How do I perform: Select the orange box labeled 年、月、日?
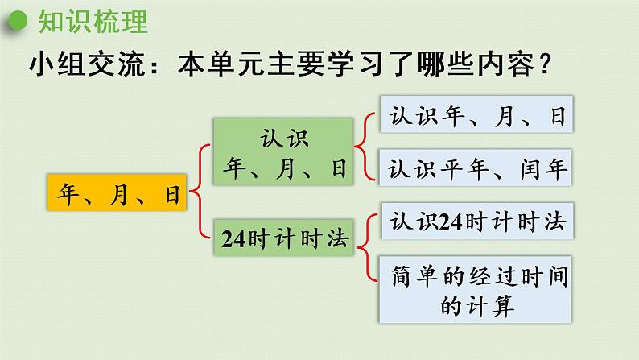117,193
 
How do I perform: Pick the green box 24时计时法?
282,238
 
